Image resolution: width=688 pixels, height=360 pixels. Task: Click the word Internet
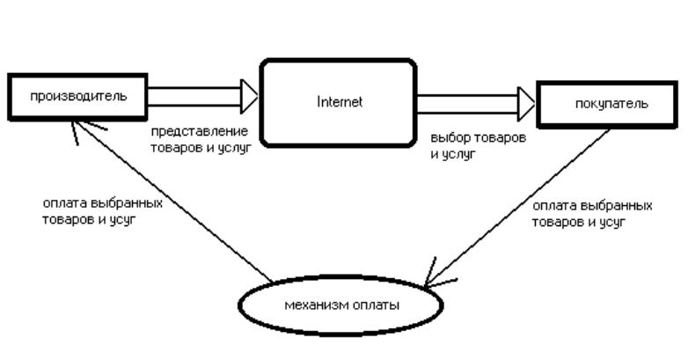pos(339,101)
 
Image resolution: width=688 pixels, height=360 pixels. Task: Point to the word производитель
pos(78,95)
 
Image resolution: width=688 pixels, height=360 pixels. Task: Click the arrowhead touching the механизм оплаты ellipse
pos(433,279)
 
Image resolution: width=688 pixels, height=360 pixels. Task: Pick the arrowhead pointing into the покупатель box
pos(527,104)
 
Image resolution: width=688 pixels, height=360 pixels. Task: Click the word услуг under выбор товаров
pos(458,153)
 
